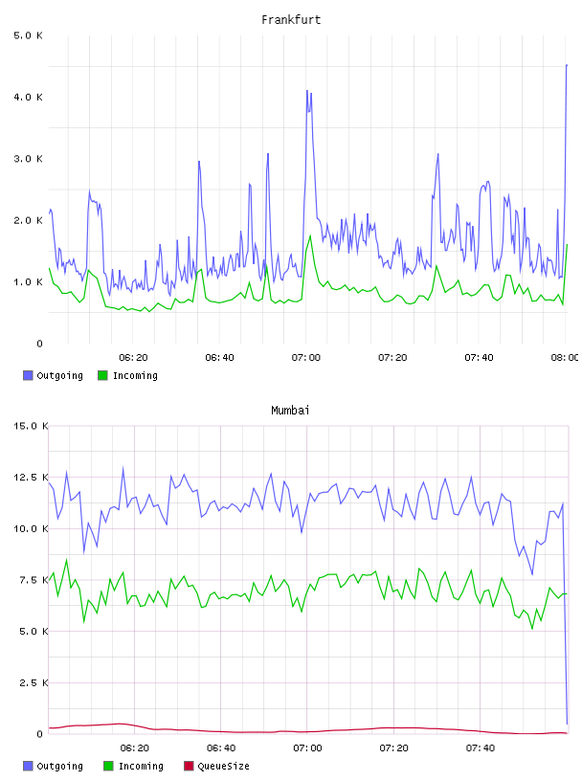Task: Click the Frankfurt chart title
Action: click(291, 20)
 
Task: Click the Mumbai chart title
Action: click(290, 411)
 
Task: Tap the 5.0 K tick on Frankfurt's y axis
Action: click(28, 35)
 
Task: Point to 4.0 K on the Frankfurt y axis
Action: click(28, 97)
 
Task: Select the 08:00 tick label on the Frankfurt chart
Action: click(565, 358)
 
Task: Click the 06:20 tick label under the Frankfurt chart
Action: click(133, 358)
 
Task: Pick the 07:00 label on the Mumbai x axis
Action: click(307, 748)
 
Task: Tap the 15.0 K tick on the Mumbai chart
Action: click(31, 426)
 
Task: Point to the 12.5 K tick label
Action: click(31, 478)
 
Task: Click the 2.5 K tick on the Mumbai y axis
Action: click(34, 682)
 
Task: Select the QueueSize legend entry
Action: click(216, 766)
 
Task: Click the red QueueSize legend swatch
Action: click(189, 766)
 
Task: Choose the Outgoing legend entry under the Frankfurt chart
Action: click(54, 375)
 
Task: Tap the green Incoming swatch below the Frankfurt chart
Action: click(102, 375)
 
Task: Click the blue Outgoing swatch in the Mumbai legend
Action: click(28, 766)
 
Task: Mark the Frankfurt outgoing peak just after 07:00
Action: click(307, 91)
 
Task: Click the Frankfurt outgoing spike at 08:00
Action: click(567, 65)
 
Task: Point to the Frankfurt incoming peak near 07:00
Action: click(310, 236)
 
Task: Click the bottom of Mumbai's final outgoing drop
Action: click(567, 724)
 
